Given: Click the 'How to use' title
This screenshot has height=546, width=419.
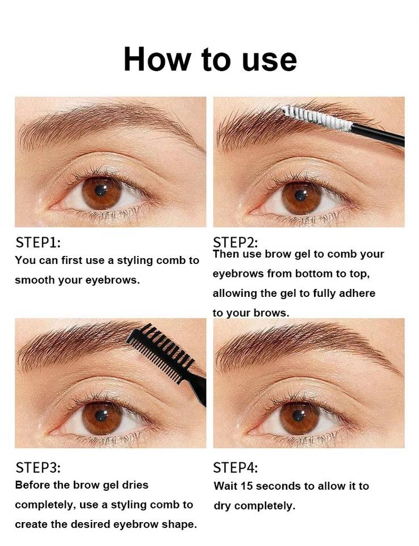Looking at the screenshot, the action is [x=210, y=59].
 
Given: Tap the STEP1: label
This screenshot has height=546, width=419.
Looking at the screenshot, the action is [x=38, y=242].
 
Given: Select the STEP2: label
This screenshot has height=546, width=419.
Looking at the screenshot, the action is [x=236, y=242].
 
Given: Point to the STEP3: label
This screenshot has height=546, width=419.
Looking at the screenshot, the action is [x=38, y=468].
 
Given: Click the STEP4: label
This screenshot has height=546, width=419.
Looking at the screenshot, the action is [x=236, y=468].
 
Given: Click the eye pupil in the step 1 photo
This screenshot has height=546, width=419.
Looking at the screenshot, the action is [x=101, y=190].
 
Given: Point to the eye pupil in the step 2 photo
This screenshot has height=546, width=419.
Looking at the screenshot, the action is [x=301, y=195].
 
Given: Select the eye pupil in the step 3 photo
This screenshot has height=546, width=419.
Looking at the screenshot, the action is [x=101, y=415].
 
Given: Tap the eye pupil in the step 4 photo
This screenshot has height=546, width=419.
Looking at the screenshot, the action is [x=299, y=415].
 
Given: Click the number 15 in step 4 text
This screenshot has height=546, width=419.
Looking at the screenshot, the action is [x=246, y=486].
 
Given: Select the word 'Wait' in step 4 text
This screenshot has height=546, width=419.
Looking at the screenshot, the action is [x=225, y=486].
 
